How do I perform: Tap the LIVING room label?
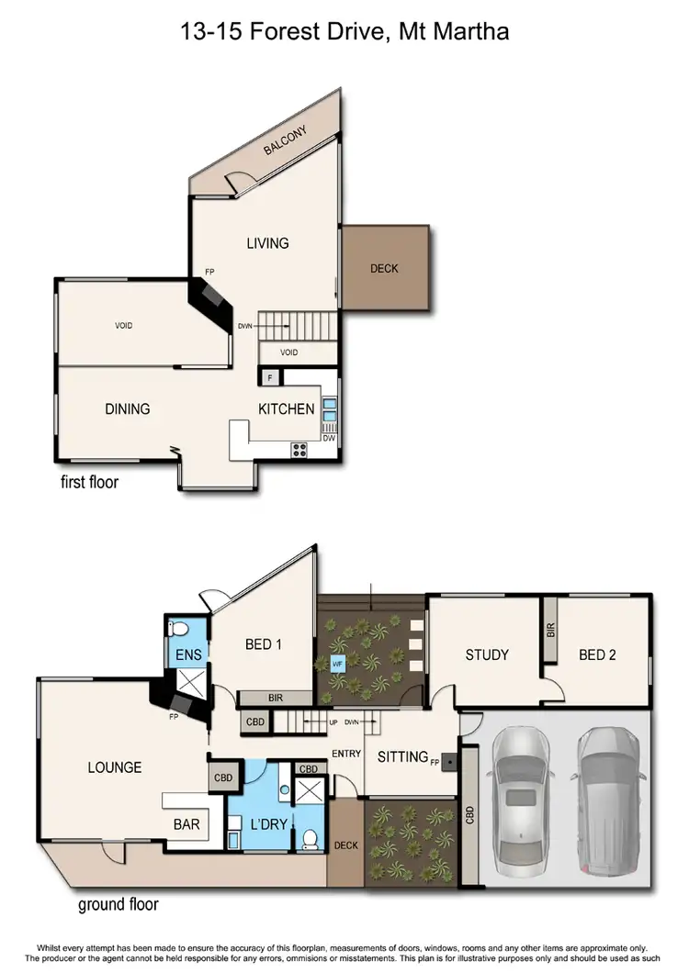(x=267, y=243)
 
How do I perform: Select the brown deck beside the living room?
(x=384, y=268)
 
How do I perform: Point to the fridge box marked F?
(x=270, y=377)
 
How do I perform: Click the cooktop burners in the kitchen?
(x=299, y=449)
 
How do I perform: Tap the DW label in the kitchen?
(x=328, y=438)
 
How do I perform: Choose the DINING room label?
(x=127, y=408)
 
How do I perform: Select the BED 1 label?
(x=263, y=644)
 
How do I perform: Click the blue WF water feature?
(x=336, y=663)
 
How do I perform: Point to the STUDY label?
(x=487, y=654)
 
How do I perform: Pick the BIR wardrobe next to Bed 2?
(x=550, y=630)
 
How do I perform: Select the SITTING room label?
(x=402, y=756)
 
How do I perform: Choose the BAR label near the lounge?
(x=186, y=824)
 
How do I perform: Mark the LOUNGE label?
(x=114, y=766)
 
